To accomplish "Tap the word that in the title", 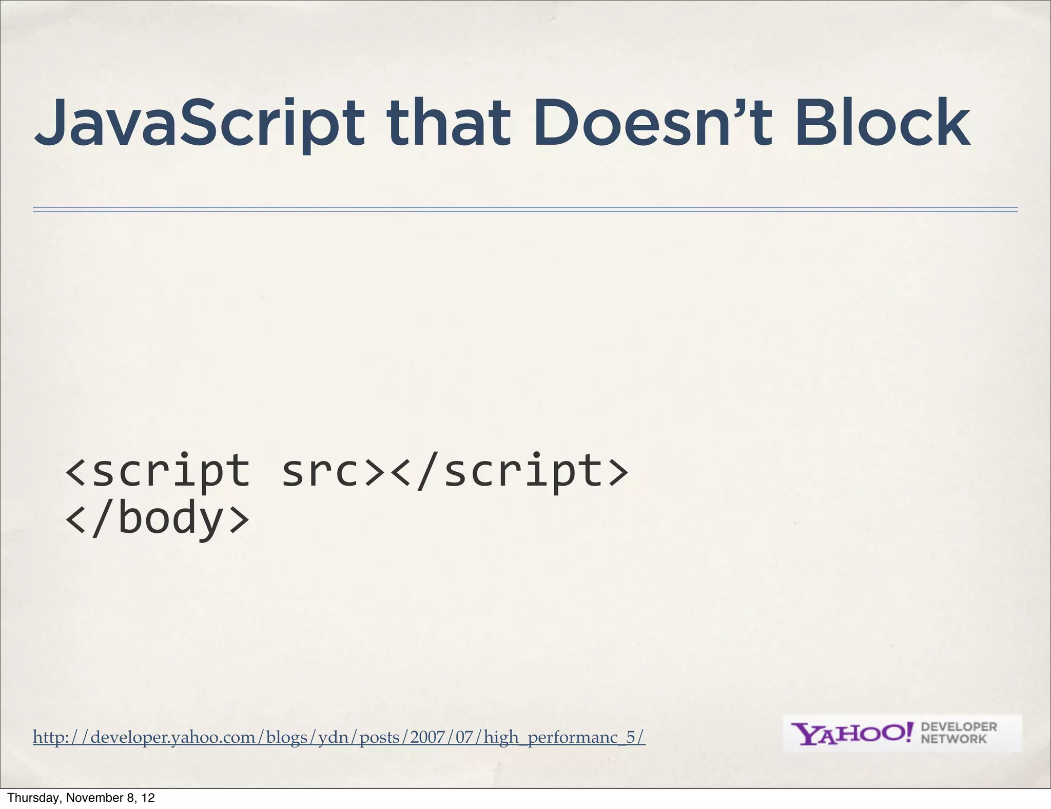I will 449,123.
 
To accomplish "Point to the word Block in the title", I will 883,123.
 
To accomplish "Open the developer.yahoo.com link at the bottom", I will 339,737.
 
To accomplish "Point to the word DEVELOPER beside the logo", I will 959,727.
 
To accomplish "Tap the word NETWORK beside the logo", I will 953,739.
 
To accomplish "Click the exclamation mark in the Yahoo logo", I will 910,732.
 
